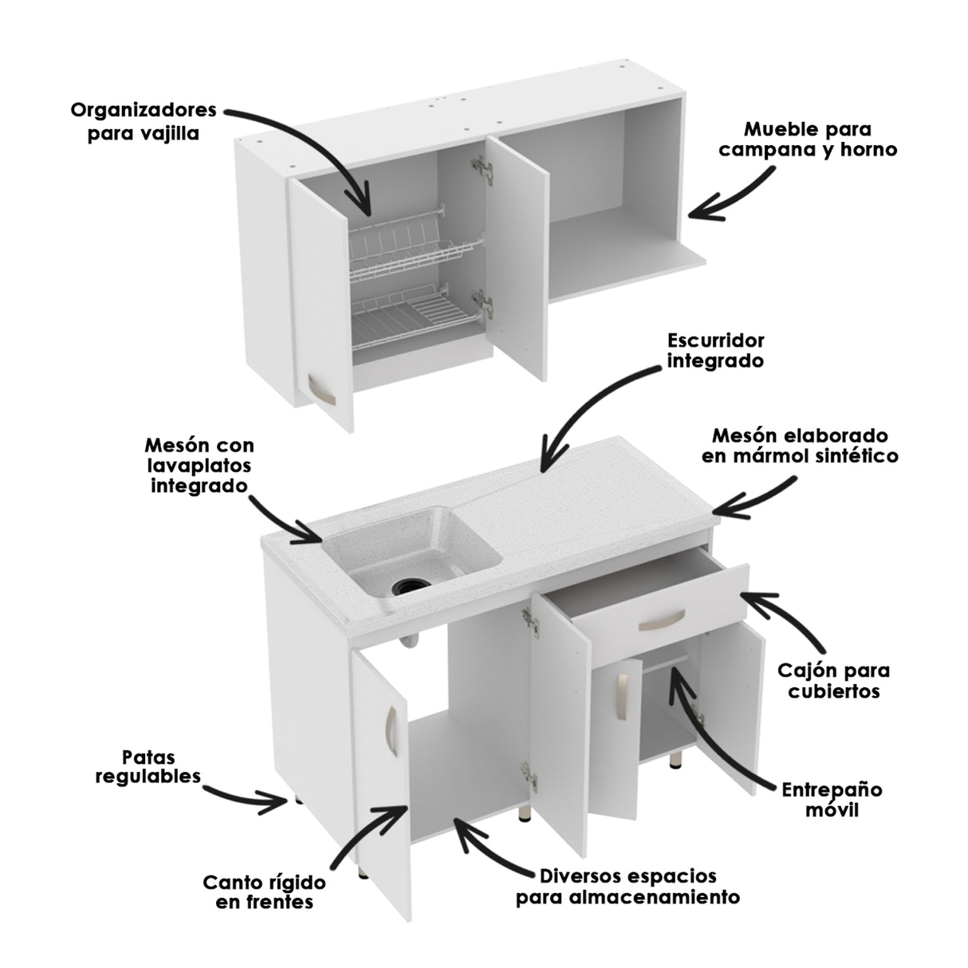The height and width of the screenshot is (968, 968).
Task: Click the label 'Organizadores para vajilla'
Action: (x=144, y=120)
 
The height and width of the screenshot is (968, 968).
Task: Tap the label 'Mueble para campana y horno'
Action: (x=807, y=139)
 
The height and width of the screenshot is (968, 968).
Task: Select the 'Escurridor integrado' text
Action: (x=715, y=350)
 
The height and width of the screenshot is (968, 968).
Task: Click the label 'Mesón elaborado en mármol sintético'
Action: (x=799, y=446)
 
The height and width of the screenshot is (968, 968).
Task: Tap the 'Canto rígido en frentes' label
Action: (x=264, y=892)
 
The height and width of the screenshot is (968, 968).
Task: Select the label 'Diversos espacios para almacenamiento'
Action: (x=628, y=886)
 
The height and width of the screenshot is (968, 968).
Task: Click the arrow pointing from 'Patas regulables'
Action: (x=247, y=795)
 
